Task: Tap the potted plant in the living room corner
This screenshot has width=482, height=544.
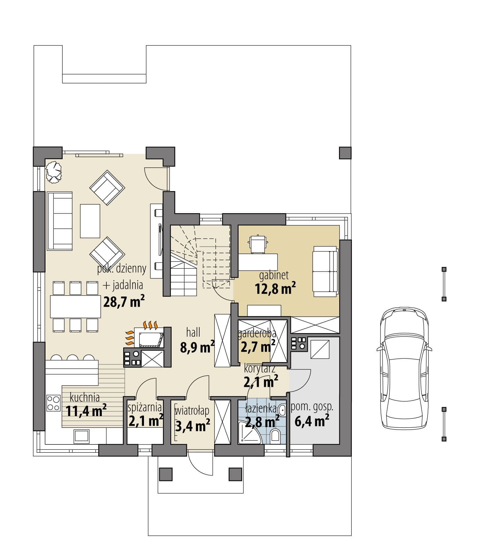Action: tap(54, 171)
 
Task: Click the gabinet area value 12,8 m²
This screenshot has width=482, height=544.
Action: tap(275, 288)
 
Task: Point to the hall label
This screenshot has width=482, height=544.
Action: tap(193, 332)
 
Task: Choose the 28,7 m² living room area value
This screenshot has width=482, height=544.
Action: tap(124, 301)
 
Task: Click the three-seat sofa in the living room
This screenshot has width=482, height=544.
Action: tap(60, 221)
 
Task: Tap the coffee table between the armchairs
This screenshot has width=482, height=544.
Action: tap(90, 221)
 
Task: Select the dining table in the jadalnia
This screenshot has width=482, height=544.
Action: tap(75, 306)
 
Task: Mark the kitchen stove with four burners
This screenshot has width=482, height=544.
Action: tap(54, 403)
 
